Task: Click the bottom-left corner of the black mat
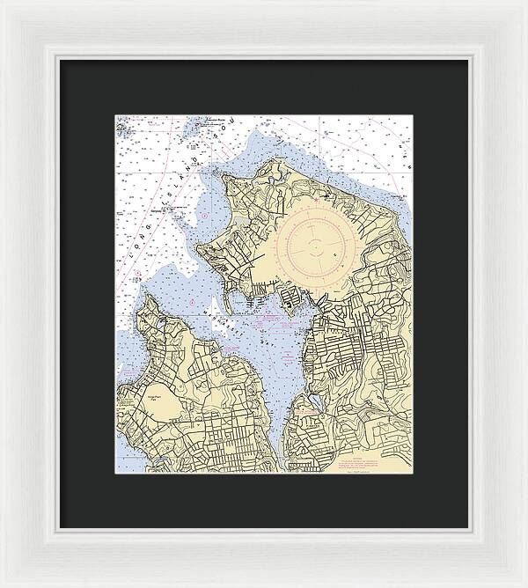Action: [x=60, y=527]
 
